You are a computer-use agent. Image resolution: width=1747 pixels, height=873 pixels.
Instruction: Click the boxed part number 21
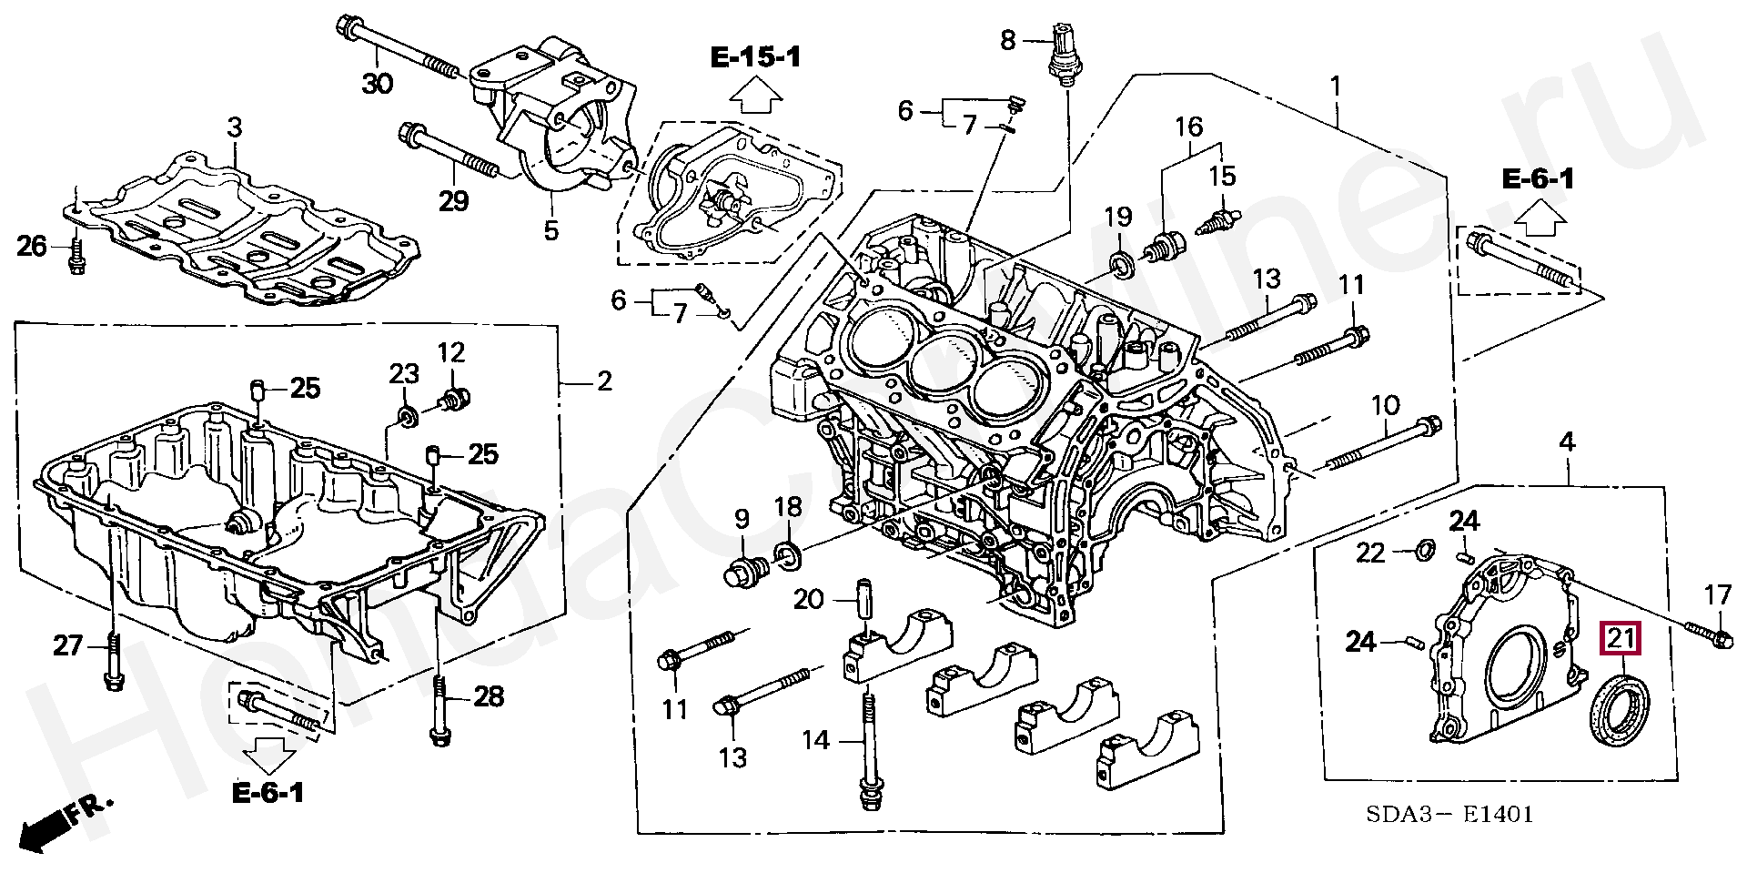pyautogui.click(x=1620, y=638)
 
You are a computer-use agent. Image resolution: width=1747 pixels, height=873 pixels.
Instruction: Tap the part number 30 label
pyautogui.click(x=378, y=85)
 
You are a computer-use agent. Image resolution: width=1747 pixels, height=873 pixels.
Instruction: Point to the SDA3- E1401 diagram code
pyautogui.click(x=1452, y=814)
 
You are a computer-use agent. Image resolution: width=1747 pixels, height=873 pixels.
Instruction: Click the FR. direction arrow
pyautogui.click(x=55, y=819)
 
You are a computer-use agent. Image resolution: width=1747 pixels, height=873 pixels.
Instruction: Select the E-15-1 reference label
pyautogui.click(x=756, y=58)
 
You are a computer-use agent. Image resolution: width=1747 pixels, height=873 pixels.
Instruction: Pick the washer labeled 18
pyautogui.click(x=788, y=553)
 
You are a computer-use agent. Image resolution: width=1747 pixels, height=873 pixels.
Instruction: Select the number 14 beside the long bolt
pyautogui.click(x=815, y=740)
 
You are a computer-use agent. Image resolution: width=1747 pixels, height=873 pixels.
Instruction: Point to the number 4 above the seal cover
pyautogui.click(x=1567, y=443)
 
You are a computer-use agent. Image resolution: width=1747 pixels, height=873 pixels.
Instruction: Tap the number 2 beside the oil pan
pyautogui.click(x=604, y=381)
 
